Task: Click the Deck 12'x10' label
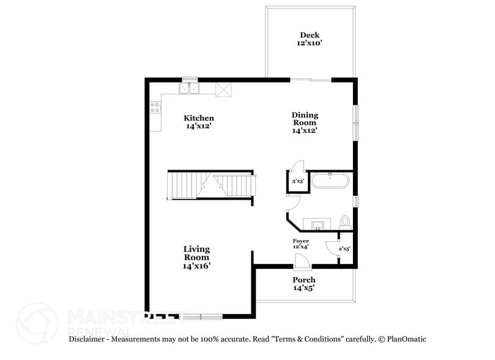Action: coord(309,39)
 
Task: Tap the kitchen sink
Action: coord(189,89)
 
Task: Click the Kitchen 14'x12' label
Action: coord(199,122)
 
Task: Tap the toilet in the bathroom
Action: coord(345,220)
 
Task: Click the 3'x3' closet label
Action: coord(298,181)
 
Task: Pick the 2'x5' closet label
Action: coord(344,249)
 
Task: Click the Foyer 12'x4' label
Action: coord(300,244)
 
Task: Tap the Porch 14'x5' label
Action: coord(304,283)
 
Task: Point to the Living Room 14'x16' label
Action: coord(196,257)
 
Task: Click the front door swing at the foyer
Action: coord(301,261)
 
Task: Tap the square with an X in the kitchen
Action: coord(225,89)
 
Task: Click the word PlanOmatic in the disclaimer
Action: coord(406,339)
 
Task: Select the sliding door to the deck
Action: coord(310,79)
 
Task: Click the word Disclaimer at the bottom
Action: coord(89,339)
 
